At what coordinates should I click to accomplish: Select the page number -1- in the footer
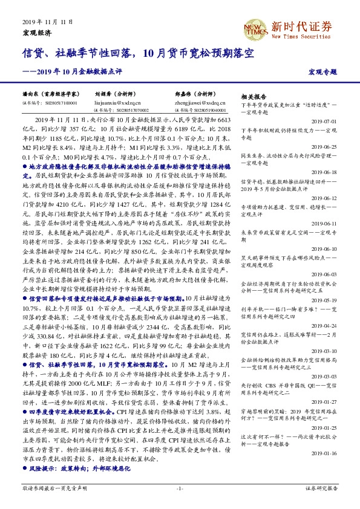click(180, 487)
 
